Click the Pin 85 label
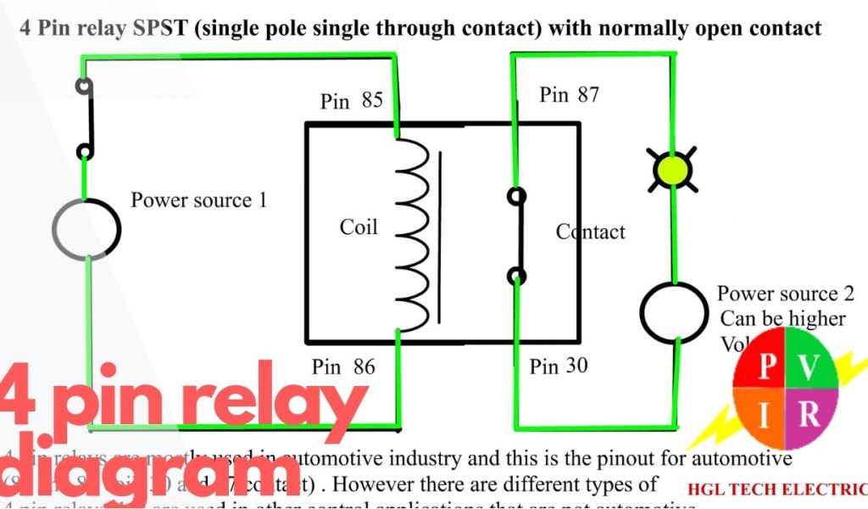(351, 101)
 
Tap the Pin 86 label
(343, 367)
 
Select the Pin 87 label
(569, 94)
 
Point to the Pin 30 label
(559, 366)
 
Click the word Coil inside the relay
(359, 227)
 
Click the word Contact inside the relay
(591, 232)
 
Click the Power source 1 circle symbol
(86, 228)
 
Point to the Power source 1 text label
(198, 201)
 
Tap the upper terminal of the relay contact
(515, 197)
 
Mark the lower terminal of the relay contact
(515, 275)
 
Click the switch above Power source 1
(84, 119)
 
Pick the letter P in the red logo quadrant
(766, 366)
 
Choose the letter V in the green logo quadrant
(810, 366)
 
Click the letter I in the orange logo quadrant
(765, 416)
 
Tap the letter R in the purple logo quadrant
(810, 415)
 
